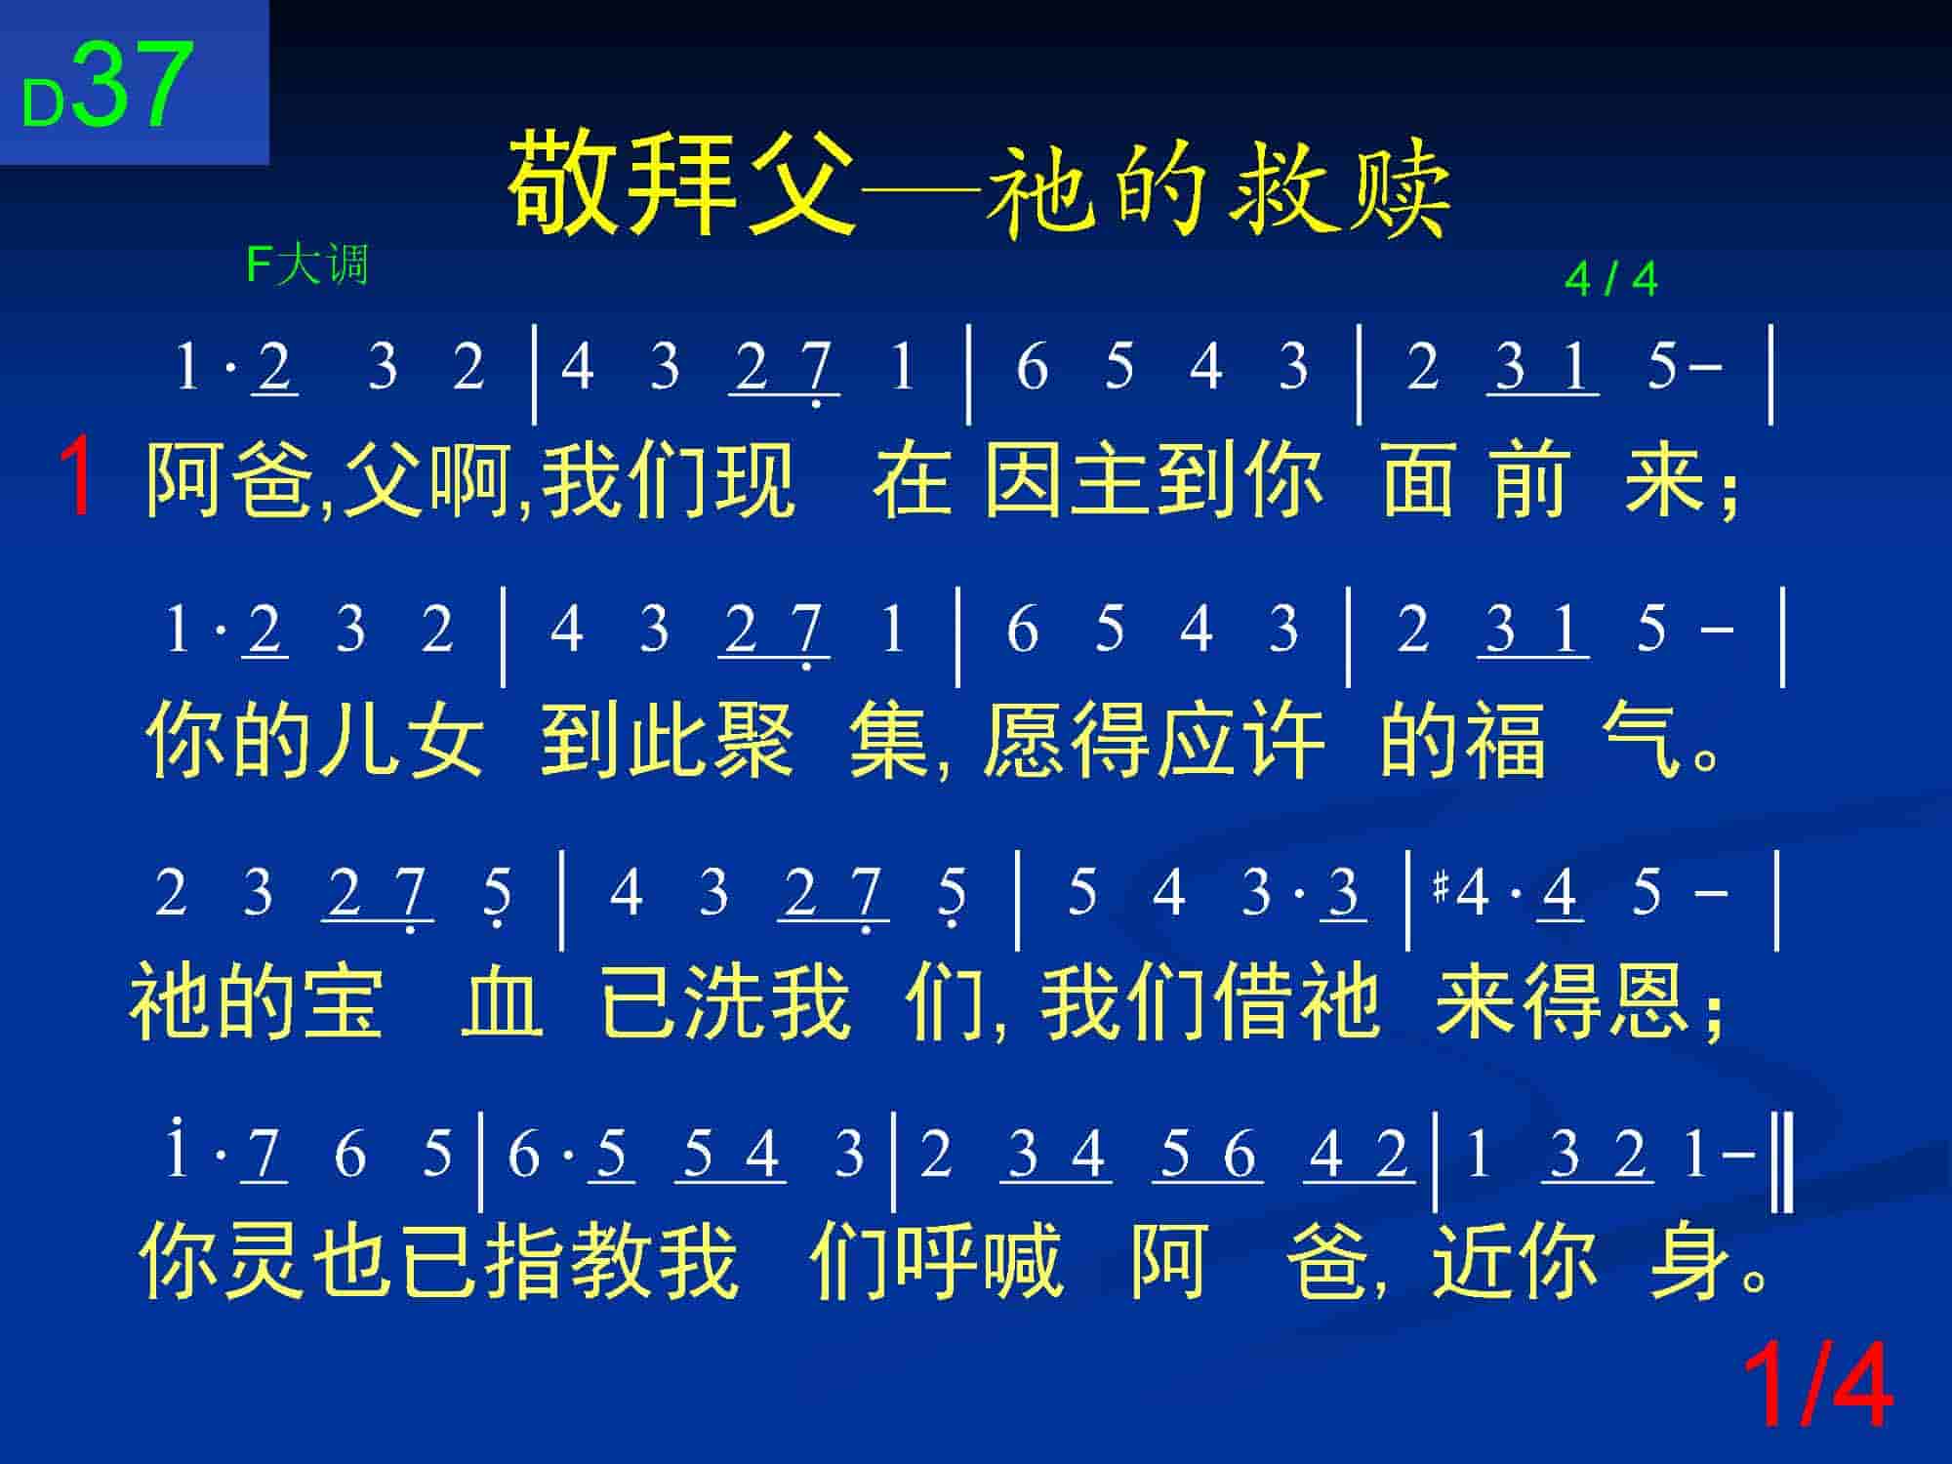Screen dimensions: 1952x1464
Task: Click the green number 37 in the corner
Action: (131, 86)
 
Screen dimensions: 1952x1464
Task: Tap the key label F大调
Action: (307, 264)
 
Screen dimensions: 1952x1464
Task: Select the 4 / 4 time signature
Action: (1610, 280)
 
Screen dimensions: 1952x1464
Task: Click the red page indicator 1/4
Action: (1818, 1387)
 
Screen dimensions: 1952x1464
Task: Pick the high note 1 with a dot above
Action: (178, 1150)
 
